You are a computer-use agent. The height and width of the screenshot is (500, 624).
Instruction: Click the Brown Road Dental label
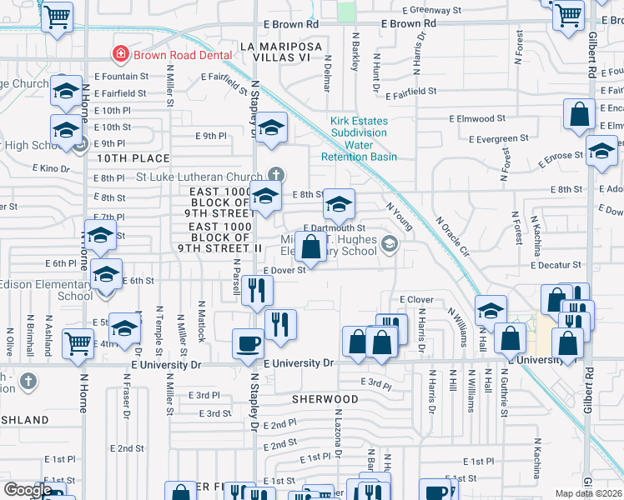tap(172, 55)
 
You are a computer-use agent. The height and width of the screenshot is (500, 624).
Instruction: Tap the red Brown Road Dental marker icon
tap(121, 55)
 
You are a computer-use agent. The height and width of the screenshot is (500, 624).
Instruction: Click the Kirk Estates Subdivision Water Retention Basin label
tap(359, 138)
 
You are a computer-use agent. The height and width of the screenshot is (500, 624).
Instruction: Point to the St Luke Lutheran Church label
tap(199, 177)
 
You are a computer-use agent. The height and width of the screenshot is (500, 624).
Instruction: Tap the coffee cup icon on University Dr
tap(249, 343)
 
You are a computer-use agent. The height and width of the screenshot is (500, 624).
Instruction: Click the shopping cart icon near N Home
tap(78, 342)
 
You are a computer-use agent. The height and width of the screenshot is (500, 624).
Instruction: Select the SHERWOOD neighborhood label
tap(325, 399)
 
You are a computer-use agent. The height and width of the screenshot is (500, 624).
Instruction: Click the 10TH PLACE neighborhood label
tap(133, 157)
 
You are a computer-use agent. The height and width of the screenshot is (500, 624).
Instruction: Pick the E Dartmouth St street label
tap(335, 227)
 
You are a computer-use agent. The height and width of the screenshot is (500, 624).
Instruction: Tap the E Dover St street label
tap(286, 270)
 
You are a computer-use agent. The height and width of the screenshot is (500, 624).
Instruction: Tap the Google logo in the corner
tap(27, 490)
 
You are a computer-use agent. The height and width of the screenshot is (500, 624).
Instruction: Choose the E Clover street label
tap(416, 299)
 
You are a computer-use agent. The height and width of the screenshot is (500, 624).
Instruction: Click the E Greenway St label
tap(431, 11)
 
